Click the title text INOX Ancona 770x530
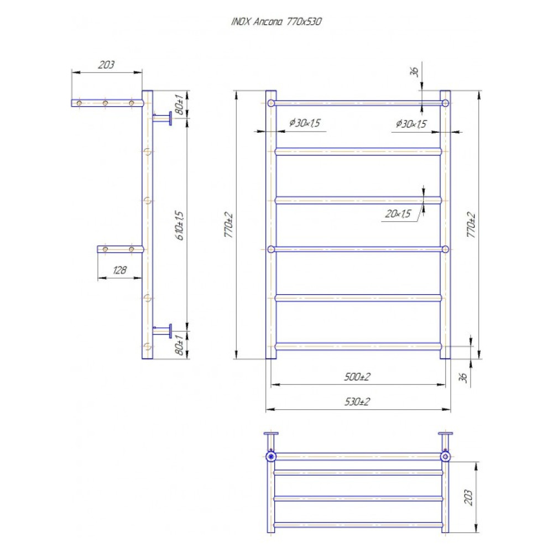[276, 22]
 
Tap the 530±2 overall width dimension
[357, 401]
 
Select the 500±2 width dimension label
[357, 377]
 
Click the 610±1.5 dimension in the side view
[180, 226]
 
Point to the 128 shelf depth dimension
[119, 270]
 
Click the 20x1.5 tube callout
[398, 213]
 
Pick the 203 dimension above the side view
[106, 65]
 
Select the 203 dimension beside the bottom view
[468, 497]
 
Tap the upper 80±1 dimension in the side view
[179, 105]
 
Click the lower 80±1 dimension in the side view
[179, 345]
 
